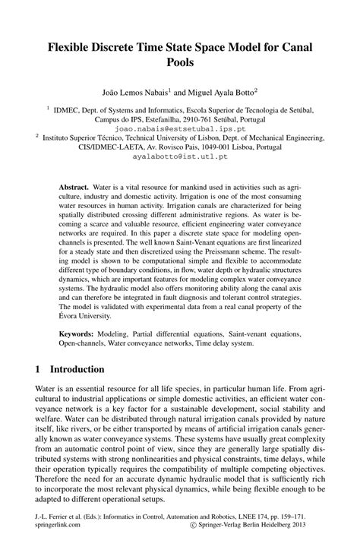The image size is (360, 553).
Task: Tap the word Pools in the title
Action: tap(179, 65)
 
